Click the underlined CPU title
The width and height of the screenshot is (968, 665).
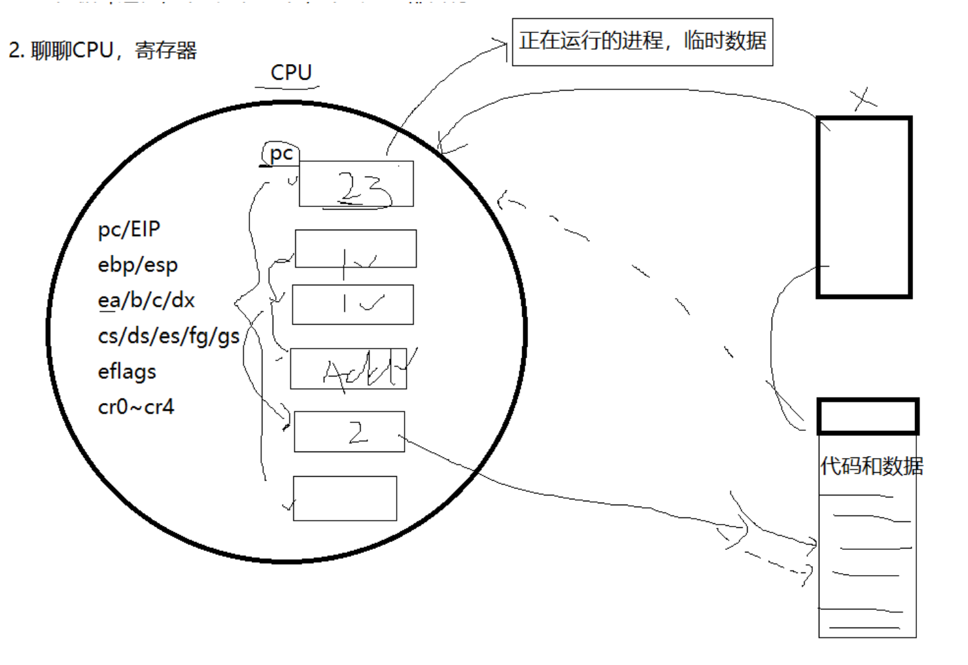coord(291,72)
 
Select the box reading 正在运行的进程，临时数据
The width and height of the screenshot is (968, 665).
coord(642,42)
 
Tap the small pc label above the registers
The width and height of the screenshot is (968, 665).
coord(281,154)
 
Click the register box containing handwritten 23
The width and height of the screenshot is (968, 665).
coord(356,184)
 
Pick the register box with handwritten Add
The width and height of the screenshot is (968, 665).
coord(348,369)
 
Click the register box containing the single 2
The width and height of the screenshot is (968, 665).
coord(349,431)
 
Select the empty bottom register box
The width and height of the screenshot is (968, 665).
coord(344,498)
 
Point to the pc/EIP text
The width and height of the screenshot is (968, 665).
coord(129,229)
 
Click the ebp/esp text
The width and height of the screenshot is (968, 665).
coord(138,265)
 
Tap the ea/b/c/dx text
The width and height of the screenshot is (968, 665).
coord(146,300)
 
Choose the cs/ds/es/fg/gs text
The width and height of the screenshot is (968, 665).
coord(169,336)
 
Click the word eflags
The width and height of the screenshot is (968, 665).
coord(127,371)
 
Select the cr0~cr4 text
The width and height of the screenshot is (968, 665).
coord(136,407)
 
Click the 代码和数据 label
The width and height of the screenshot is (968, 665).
coord(872,466)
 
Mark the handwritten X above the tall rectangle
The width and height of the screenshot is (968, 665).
coord(864,99)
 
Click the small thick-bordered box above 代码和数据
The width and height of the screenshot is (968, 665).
coord(868,417)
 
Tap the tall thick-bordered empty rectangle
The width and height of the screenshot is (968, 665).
coord(864,207)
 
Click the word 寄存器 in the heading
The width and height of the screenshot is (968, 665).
coord(166,50)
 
